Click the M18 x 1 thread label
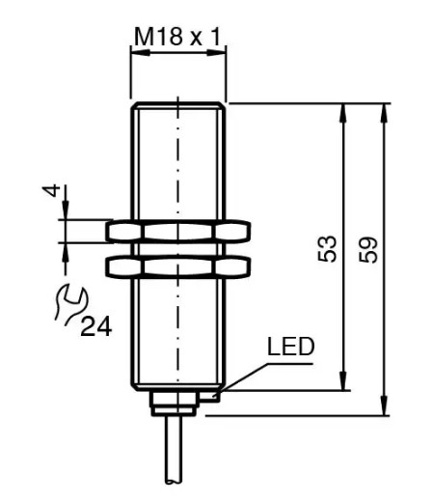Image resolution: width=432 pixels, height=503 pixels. point(177,37)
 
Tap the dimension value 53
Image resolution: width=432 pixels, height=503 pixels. point(327,248)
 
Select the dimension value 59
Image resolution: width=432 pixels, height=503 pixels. point(368,250)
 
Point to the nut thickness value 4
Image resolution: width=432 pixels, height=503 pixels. point(52,190)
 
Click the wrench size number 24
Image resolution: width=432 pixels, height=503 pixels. point(95,326)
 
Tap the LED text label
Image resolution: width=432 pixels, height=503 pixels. point(290,347)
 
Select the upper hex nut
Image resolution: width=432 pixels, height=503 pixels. point(178,231)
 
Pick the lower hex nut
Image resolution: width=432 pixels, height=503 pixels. point(178,266)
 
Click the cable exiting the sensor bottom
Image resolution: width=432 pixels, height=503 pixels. point(174,450)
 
